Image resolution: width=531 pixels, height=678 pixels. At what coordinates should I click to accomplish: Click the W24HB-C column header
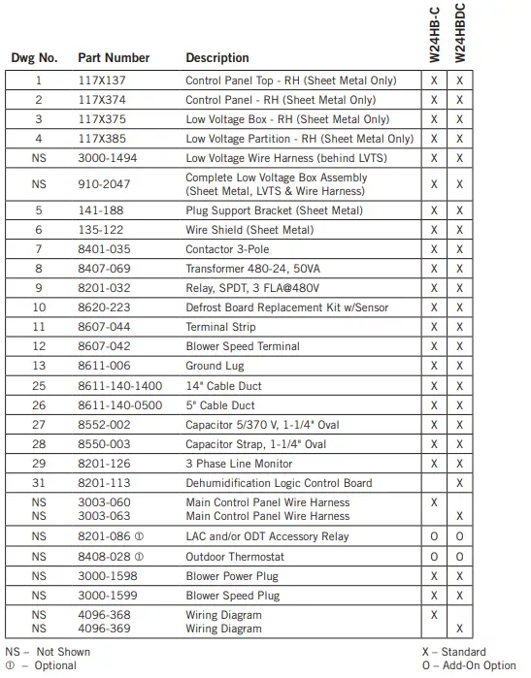[x=434, y=34]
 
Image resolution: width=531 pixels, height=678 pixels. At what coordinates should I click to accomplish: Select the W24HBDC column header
[x=460, y=34]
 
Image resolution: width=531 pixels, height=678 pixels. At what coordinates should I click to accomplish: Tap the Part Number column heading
[x=114, y=58]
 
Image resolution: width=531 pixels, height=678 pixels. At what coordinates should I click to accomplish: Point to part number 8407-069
[x=103, y=269]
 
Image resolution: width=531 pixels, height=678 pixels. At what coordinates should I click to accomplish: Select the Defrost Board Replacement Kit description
[x=286, y=308]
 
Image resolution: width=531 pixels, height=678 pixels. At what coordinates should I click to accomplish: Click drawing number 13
[x=39, y=367]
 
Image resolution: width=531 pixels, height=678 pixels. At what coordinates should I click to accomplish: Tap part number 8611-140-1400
[x=119, y=386]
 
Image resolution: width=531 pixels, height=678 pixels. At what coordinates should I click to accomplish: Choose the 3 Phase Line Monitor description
[x=239, y=465]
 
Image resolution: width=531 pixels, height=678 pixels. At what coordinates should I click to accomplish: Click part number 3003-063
[x=104, y=517]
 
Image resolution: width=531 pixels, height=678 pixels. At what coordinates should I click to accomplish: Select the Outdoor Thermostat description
[x=236, y=557]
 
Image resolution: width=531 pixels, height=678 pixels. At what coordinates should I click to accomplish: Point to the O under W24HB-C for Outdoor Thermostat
[x=434, y=557]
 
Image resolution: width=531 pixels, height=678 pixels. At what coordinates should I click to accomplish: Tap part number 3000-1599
[x=107, y=596]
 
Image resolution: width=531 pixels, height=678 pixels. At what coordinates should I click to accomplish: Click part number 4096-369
[x=104, y=630]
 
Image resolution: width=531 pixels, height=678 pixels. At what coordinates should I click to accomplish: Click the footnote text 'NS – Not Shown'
[x=45, y=653]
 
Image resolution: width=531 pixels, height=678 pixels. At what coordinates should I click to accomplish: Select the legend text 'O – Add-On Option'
[x=469, y=666]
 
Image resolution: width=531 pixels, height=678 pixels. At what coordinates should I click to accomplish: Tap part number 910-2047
[x=103, y=184]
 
